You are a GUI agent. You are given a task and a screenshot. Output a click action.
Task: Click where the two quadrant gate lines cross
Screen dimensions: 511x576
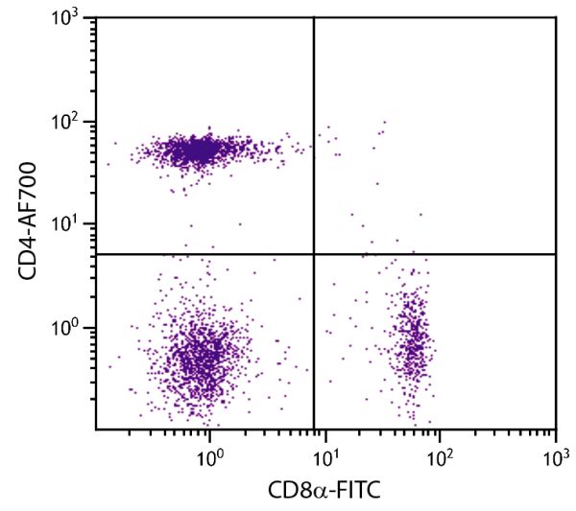(x=314, y=254)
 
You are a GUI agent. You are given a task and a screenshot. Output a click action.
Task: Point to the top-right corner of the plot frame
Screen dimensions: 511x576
(x=556, y=18)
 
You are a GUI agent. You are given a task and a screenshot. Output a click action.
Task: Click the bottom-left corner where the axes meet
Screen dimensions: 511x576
(x=96, y=429)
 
